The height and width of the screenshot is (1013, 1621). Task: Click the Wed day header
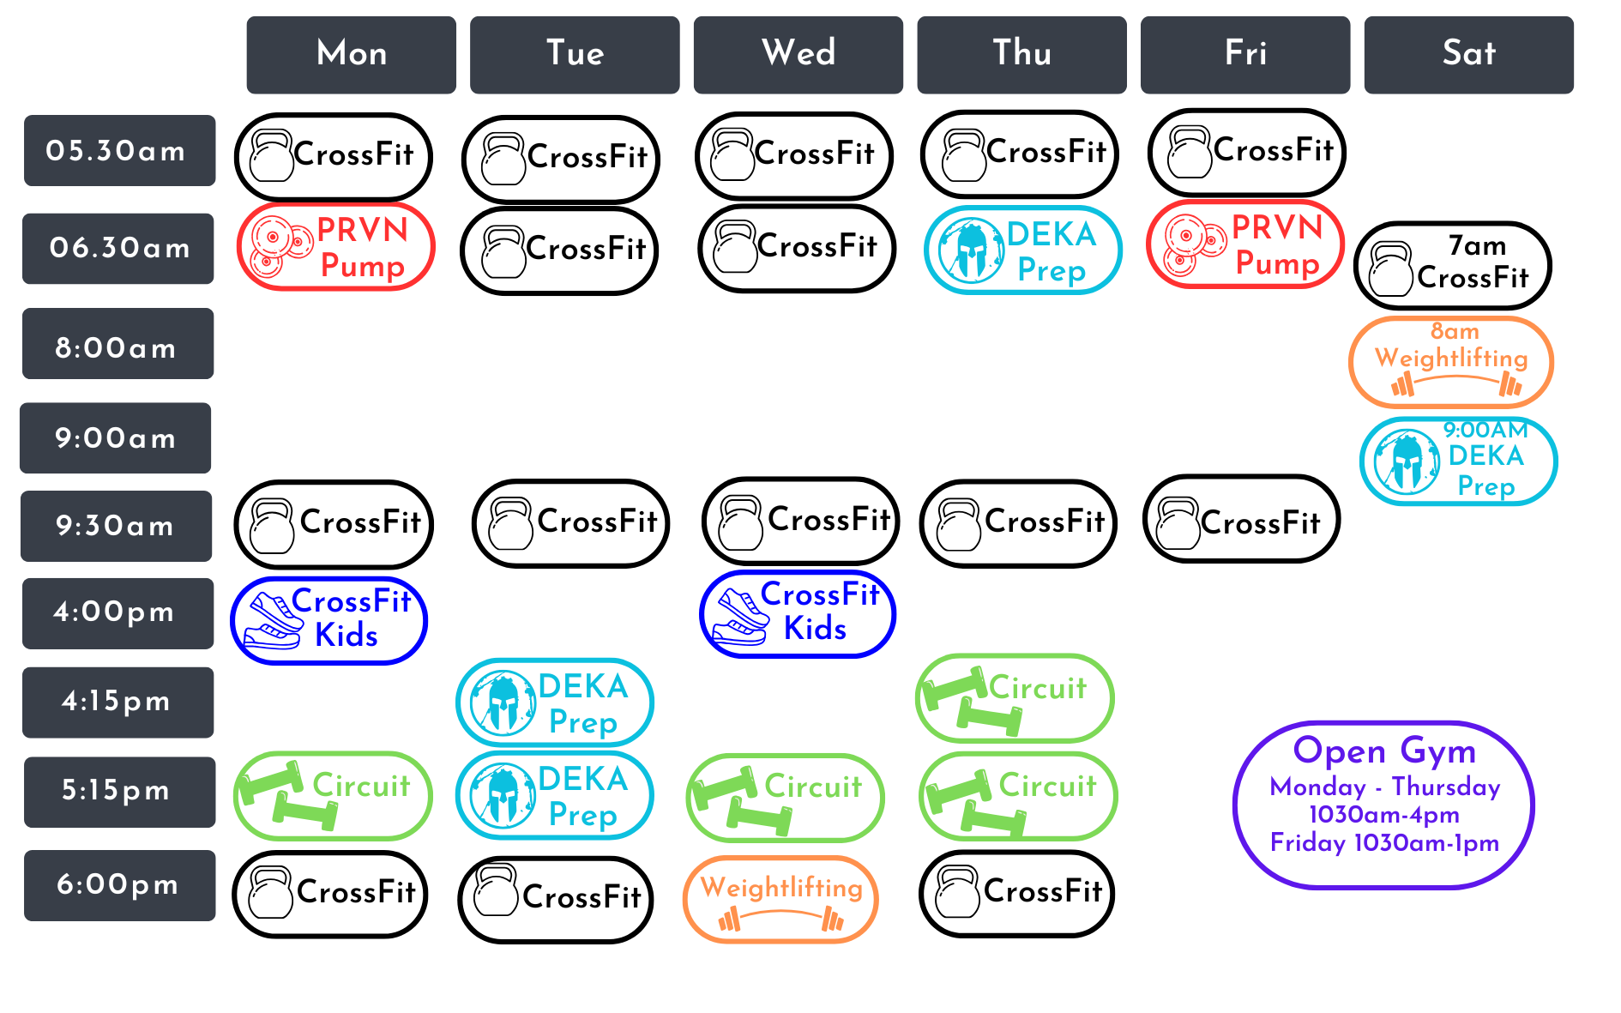tap(798, 54)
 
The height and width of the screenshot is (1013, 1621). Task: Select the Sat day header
tap(1468, 54)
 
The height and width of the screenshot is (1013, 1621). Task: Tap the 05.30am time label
tap(119, 151)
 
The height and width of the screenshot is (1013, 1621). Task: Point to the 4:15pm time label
tap(118, 702)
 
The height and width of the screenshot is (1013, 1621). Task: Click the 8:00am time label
tap(118, 347)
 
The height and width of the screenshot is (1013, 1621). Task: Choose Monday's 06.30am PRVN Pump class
tap(335, 247)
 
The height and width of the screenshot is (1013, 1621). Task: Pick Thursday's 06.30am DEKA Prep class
tap(1022, 250)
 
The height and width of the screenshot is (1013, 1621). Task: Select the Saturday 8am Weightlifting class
tap(1450, 361)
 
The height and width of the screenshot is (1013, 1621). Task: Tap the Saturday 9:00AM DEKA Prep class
tap(1457, 461)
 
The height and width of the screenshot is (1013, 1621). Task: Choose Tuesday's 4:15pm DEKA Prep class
tap(555, 702)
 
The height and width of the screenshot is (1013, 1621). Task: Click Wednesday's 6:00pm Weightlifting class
tap(780, 898)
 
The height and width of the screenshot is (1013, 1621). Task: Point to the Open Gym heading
tap(1384, 751)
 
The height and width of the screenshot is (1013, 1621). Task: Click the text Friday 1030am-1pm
tap(1384, 843)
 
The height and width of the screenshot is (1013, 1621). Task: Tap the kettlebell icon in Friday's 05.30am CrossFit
tap(1190, 153)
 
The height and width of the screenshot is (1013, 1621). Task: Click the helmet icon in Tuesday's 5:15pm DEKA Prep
tap(503, 796)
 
